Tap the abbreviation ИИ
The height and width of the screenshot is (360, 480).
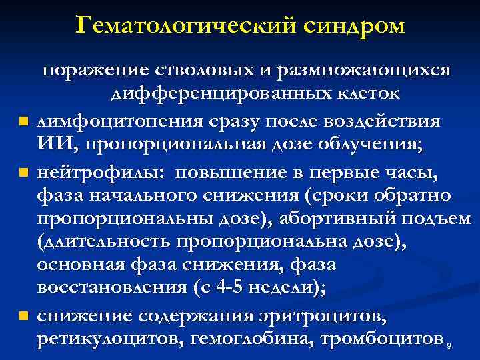pyautogui.click(x=51, y=144)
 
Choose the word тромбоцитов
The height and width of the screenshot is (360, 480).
pyautogui.click(x=383, y=339)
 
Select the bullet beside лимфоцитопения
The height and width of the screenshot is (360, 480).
pyautogui.click(x=24, y=121)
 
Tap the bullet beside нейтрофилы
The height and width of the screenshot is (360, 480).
pyautogui.click(x=24, y=174)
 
